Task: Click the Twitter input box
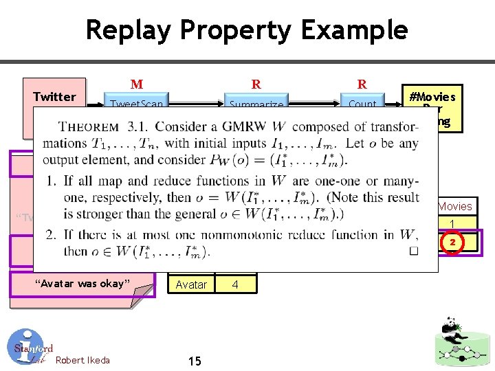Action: click(x=54, y=97)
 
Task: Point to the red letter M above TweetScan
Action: click(x=137, y=85)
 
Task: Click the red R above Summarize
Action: click(x=256, y=85)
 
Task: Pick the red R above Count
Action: click(x=362, y=85)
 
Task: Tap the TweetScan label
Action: click(x=137, y=104)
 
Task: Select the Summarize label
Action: click(x=256, y=104)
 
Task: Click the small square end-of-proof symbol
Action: click(x=413, y=251)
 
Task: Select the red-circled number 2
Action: click(x=452, y=243)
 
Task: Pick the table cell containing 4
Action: click(x=236, y=283)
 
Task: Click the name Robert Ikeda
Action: click(x=82, y=360)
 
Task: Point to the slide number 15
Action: click(x=193, y=361)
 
